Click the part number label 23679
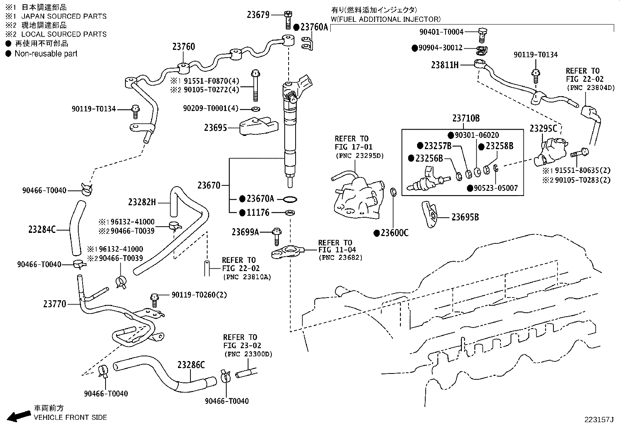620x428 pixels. pos(258,15)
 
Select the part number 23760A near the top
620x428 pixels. pos(314,27)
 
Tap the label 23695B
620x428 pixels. pos(465,217)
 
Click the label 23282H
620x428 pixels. pos(142,202)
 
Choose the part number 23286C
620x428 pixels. pos(191,365)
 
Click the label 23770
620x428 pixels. pos(55,304)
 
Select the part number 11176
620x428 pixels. pos(258,213)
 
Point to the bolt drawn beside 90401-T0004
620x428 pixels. pos(482,34)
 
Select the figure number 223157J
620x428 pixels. pos(598,419)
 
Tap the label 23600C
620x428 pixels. pos(395,233)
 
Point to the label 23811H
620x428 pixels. pos(445,65)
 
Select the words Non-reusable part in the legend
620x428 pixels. pos(46,54)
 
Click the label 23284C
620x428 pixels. pos(42,229)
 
